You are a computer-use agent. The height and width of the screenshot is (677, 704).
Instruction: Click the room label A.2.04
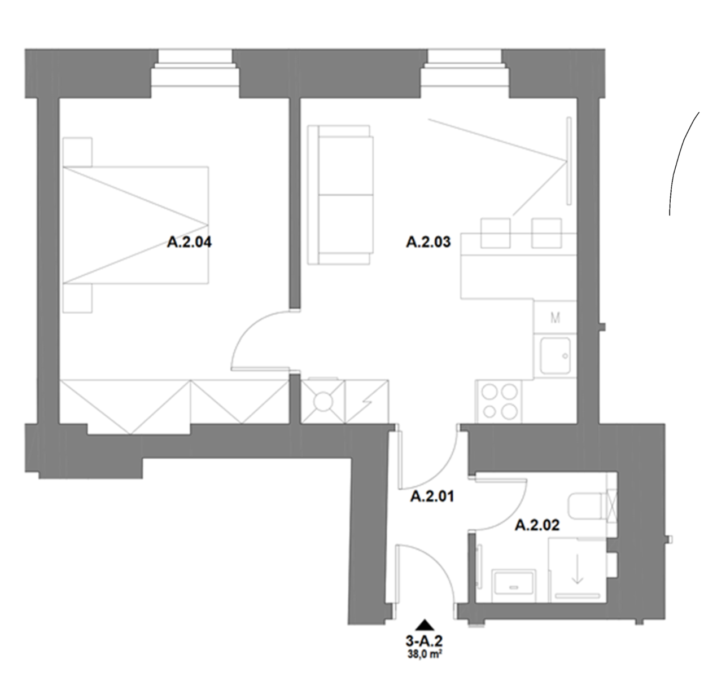pyautogui.click(x=189, y=242)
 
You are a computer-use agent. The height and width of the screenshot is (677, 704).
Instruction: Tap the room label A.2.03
pyautogui.click(x=428, y=242)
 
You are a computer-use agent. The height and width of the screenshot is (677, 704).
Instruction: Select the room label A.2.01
pyautogui.click(x=432, y=496)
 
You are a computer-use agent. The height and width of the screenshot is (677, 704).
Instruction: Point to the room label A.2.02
pyautogui.click(x=537, y=525)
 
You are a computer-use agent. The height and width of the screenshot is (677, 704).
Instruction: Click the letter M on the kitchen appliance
pyautogui.click(x=556, y=318)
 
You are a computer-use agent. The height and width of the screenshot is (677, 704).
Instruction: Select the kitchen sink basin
pyautogui.click(x=556, y=355)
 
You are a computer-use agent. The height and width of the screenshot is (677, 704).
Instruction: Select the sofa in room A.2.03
pyautogui.click(x=340, y=195)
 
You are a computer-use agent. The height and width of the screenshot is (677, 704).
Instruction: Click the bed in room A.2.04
pyautogui.click(x=135, y=225)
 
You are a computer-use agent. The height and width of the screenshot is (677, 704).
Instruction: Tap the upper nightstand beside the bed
pyautogui.click(x=77, y=152)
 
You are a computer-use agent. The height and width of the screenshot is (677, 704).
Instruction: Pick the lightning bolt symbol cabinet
pyautogui.click(x=366, y=402)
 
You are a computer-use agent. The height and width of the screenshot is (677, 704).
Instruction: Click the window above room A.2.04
pyautogui.click(x=195, y=69)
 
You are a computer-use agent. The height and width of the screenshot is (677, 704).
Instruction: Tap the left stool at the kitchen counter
pyautogui.click(x=495, y=233)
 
